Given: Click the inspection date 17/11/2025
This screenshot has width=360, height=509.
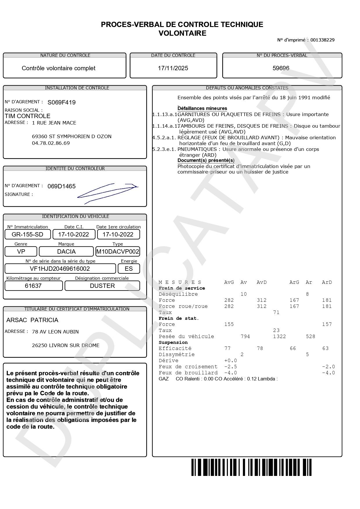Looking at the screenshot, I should click(173, 68).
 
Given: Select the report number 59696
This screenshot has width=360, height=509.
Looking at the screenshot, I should click(281, 68).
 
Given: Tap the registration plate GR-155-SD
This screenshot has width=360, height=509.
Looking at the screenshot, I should click(28, 234).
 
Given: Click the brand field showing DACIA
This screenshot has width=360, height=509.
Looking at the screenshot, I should click(66, 252).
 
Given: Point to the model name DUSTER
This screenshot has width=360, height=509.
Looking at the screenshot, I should click(102, 286).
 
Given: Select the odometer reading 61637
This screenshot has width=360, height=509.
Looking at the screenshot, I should click(33, 286).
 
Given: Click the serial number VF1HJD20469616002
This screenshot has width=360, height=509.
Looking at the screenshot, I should click(60, 269).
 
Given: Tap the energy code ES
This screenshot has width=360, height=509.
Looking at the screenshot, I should click(129, 269).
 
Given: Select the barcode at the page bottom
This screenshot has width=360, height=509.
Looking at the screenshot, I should click(251, 467).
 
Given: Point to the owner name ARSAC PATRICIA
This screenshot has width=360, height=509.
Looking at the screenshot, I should click(32, 320).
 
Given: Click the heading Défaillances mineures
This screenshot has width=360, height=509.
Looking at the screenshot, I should click(202, 108).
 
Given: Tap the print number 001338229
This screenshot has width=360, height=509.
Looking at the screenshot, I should click(322, 40).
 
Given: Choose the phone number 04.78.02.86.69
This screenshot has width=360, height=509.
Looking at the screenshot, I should click(51, 143).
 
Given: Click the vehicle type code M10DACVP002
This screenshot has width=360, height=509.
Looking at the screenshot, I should click(117, 252).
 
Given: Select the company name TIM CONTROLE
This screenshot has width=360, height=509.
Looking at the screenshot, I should click(28, 116).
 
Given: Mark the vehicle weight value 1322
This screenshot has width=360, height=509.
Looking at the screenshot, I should click(279, 336).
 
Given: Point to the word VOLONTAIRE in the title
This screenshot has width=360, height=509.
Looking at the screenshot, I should click(182, 33).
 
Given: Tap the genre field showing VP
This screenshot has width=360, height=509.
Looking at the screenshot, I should click(21, 252).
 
